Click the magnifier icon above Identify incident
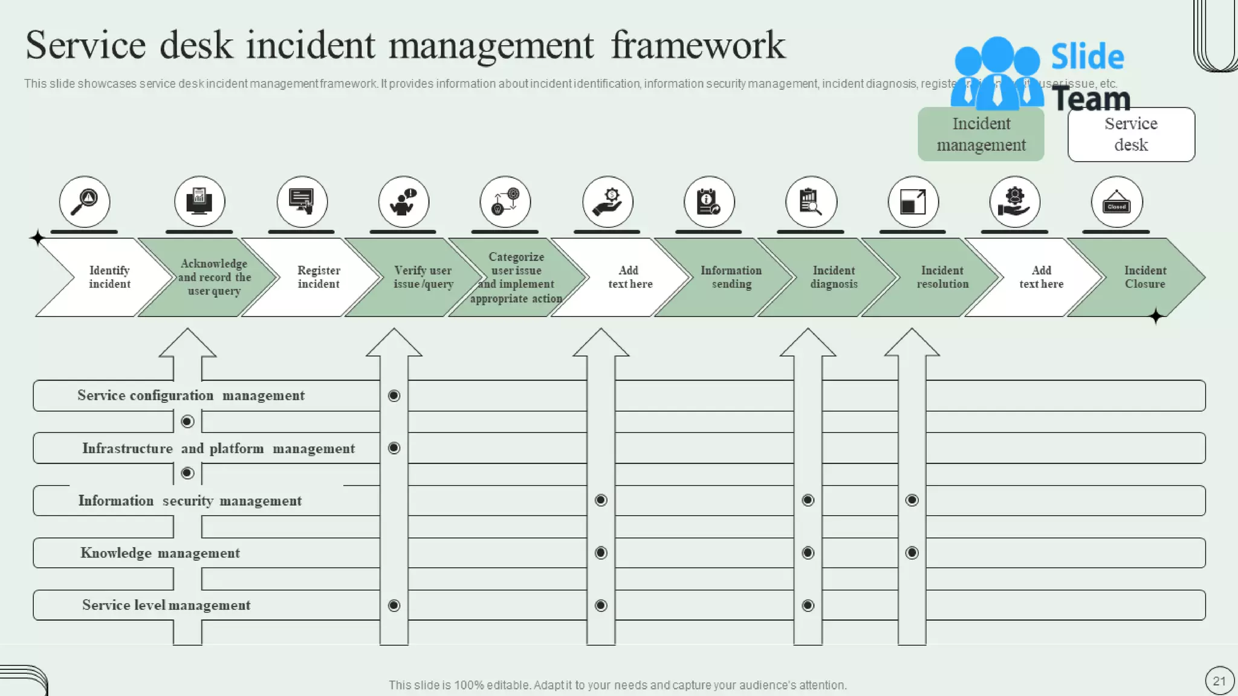(x=85, y=202)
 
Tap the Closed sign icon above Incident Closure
(x=1116, y=202)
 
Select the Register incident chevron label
(x=319, y=277)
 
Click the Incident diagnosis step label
(x=834, y=277)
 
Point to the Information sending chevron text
(x=731, y=277)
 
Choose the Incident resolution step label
(x=942, y=277)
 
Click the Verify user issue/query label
(x=423, y=277)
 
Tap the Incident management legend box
(x=980, y=134)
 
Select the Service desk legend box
(x=1130, y=134)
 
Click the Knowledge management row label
(x=160, y=553)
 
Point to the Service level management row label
(x=166, y=605)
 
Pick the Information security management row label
(x=190, y=501)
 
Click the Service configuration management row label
(x=191, y=396)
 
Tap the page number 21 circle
(x=1219, y=681)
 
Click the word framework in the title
(x=698, y=45)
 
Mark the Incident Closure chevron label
(x=1145, y=277)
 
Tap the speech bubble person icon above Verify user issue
(x=403, y=202)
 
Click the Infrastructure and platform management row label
(x=218, y=448)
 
